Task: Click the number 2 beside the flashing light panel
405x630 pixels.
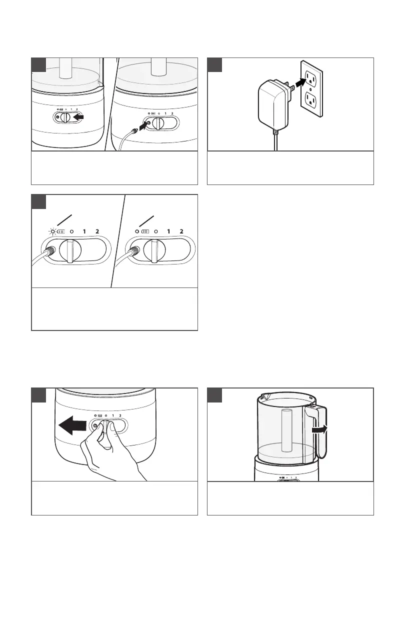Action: [x=97, y=231]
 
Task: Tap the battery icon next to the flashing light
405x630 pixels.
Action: [x=61, y=231]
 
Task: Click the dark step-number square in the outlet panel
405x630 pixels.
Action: [x=215, y=64]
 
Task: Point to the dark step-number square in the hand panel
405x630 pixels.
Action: [x=39, y=395]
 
